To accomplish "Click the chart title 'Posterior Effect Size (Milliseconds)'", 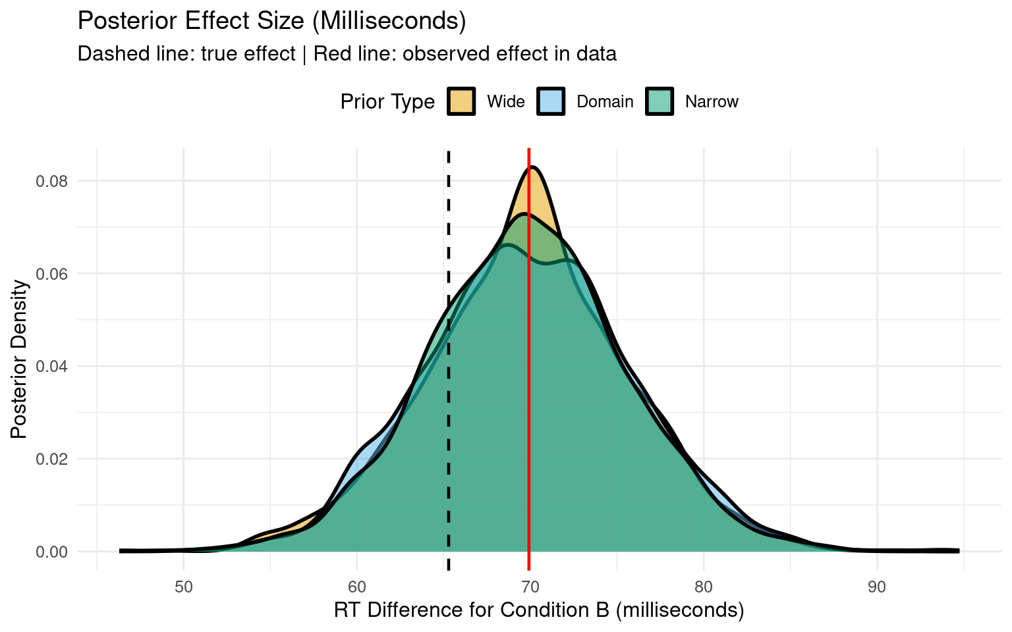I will click(x=271, y=21).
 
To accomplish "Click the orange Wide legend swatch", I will click(x=461, y=101).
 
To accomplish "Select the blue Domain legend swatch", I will click(x=551, y=101).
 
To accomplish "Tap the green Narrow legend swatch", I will click(x=660, y=101).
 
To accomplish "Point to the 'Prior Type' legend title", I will click(x=387, y=102).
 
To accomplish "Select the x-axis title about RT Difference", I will click(x=538, y=610).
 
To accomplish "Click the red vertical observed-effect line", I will click(x=528, y=395).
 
